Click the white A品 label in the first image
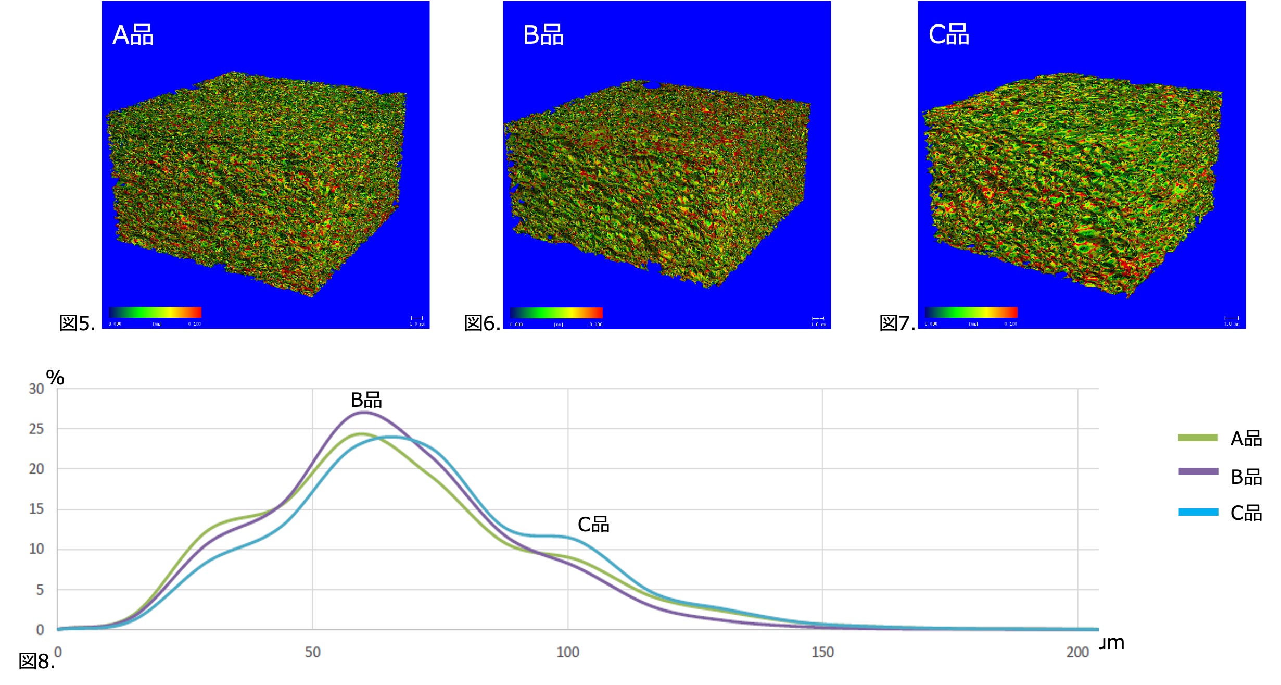tap(133, 35)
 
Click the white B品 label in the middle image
tap(543, 35)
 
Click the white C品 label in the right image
tap(948, 35)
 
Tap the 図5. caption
tap(77, 323)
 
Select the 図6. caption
tap(482, 323)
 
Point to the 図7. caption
tap(897, 323)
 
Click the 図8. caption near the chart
tap(36, 662)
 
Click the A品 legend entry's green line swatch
tap(1198, 438)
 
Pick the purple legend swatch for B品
tap(1198, 472)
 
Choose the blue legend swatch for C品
tap(1198, 512)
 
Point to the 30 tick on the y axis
tap(36, 389)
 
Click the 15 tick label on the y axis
tap(36, 509)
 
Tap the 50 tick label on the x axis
tap(312, 652)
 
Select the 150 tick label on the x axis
tap(822, 652)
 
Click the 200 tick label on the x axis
tap(1077, 652)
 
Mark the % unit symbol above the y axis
tap(55, 378)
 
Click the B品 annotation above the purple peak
tap(366, 400)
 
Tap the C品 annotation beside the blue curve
tap(593, 525)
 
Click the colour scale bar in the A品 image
tap(155, 313)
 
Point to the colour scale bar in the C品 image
tap(971, 313)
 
